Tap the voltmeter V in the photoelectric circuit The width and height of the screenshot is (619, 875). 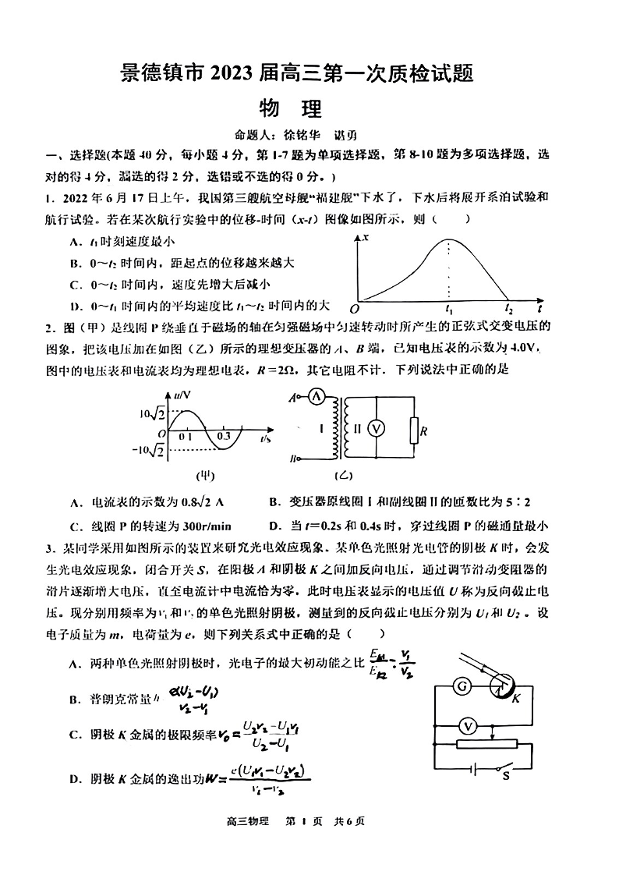468,726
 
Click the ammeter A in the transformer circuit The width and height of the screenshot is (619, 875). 317,397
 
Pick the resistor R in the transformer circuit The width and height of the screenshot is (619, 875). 414,429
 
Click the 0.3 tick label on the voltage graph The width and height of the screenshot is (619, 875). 224,436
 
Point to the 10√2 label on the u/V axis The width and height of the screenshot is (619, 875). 152,413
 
